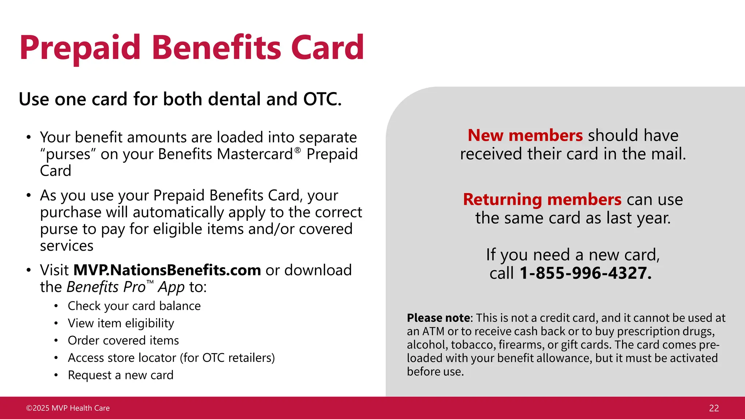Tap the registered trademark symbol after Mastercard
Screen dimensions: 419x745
click(x=298, y=150)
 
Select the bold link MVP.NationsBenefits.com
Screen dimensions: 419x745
click(x=167, y=270)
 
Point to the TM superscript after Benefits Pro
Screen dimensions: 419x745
click(x=150, y=282)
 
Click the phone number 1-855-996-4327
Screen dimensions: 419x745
click(x=585, y=273)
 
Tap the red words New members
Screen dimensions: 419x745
click(x=525, y=135)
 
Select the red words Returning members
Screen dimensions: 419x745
click(x=542, y=199)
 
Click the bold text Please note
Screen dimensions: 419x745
click(x=438, y=318)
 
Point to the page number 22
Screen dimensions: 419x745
click(x=714, y=408)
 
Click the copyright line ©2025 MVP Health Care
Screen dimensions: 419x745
click(x=68, y=408)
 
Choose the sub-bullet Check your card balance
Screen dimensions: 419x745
click(x=134, y=306)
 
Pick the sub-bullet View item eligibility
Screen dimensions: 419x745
click(x=121, y=323)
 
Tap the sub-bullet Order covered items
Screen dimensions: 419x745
click(x=123, y=340)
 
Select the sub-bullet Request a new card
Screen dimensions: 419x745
click(x=120, y=375)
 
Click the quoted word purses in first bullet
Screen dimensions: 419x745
click(x=68, y=155)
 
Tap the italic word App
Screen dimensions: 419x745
click(x=171, y=287)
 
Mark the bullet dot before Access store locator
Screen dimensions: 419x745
click(x=56, y=358)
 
